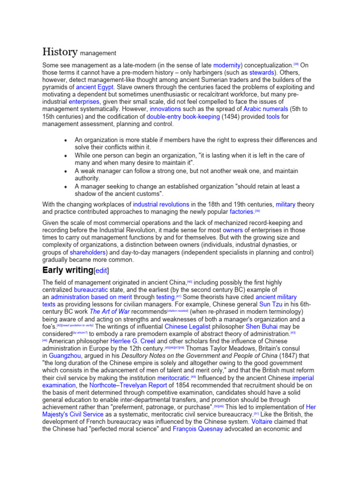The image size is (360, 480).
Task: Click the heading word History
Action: pyautogui.click(x=59, y=52)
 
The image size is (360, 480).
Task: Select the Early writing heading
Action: pyautogui.click(x=68, y=270)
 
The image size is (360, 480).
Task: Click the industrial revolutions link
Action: pyautogui.click(x=161, y=205)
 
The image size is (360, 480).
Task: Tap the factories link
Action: pyautogui.click(x=240, y=212)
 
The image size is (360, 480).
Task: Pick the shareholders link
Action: pyautogui.click(x=87, y=252)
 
